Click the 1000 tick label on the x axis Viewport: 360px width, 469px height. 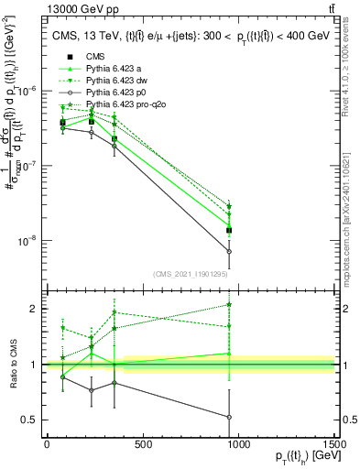[238, 444]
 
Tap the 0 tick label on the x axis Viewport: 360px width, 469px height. [47, 444]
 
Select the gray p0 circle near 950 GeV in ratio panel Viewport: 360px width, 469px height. [229, 417]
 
